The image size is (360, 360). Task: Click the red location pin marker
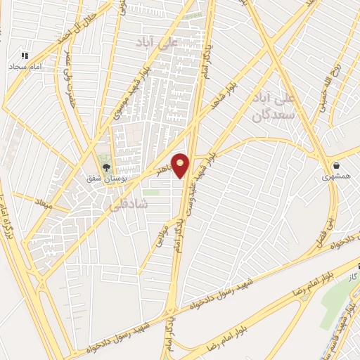pos(181,165)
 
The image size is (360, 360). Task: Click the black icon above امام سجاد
pos(25,55)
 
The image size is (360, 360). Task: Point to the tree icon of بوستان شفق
pos(106,167)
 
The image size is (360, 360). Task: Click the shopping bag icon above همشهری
pos(337,167)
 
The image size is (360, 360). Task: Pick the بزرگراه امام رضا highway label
pos(9,207)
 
